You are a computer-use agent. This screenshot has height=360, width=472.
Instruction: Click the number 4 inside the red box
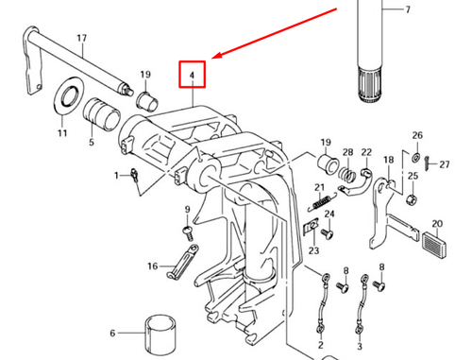(192, 76)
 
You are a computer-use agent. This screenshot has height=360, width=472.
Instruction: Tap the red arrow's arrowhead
(217, 56)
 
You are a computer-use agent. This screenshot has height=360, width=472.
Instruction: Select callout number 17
(82, 38)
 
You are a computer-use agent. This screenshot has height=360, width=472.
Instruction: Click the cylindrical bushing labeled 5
(102, 114)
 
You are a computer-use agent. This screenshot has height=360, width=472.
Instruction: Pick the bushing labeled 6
(160, 334)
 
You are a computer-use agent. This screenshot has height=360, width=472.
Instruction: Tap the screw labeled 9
(188, 232)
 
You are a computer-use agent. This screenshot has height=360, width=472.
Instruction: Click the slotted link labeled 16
(182, 261)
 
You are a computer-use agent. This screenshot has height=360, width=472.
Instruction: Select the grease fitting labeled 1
(135, 176)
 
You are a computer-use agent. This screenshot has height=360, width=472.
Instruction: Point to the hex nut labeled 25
(411, 199)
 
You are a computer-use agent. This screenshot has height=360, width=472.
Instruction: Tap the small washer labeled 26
(416, 157)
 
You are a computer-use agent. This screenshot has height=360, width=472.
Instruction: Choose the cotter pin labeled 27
(428, 163)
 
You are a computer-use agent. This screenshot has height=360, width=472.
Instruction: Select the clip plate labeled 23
(311, 226)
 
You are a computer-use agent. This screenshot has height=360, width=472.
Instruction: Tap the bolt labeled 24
(328, 234)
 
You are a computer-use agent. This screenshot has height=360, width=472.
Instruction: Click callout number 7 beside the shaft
(408, 9)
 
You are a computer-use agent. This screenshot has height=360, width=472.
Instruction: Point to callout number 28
(347, 152)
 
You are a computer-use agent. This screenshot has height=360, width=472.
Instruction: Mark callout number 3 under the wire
(360, 346)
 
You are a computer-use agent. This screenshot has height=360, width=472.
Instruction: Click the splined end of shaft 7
(370, 84)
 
